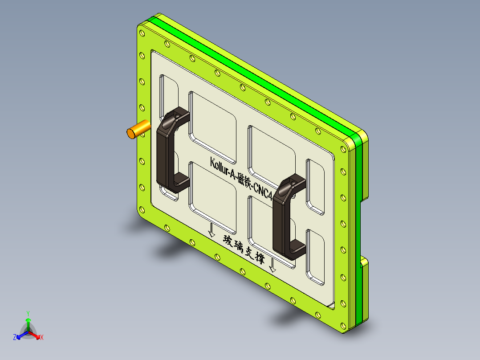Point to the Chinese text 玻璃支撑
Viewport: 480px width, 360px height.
tap(244, 250)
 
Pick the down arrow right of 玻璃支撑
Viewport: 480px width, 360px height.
tap(273, 266)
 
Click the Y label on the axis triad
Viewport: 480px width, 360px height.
tap(28, 313)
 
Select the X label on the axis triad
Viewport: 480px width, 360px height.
tap(42, 338)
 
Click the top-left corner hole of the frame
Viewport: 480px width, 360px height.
tap(142, 33)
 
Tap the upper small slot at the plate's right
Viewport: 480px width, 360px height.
tap(315, 185)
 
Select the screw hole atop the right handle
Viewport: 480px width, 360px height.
tap(292, 182)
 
